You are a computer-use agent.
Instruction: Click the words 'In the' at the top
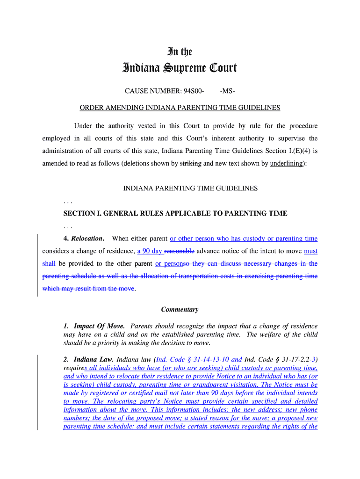click(x=180, y=52)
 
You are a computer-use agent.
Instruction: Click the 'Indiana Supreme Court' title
click(x=180, y=69)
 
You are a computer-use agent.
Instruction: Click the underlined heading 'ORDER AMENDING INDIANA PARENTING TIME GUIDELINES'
click(x=180, y=108)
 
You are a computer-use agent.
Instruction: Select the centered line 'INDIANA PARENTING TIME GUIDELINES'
click(x=190, y=189)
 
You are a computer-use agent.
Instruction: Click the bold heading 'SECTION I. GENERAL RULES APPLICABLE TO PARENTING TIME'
click(x=175, y=213)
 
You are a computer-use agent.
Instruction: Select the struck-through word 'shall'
click(x=49, y=263)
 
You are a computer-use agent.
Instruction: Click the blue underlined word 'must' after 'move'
click(x=310, y=251)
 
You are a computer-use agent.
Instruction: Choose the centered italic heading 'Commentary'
click(x=180, y=310)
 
